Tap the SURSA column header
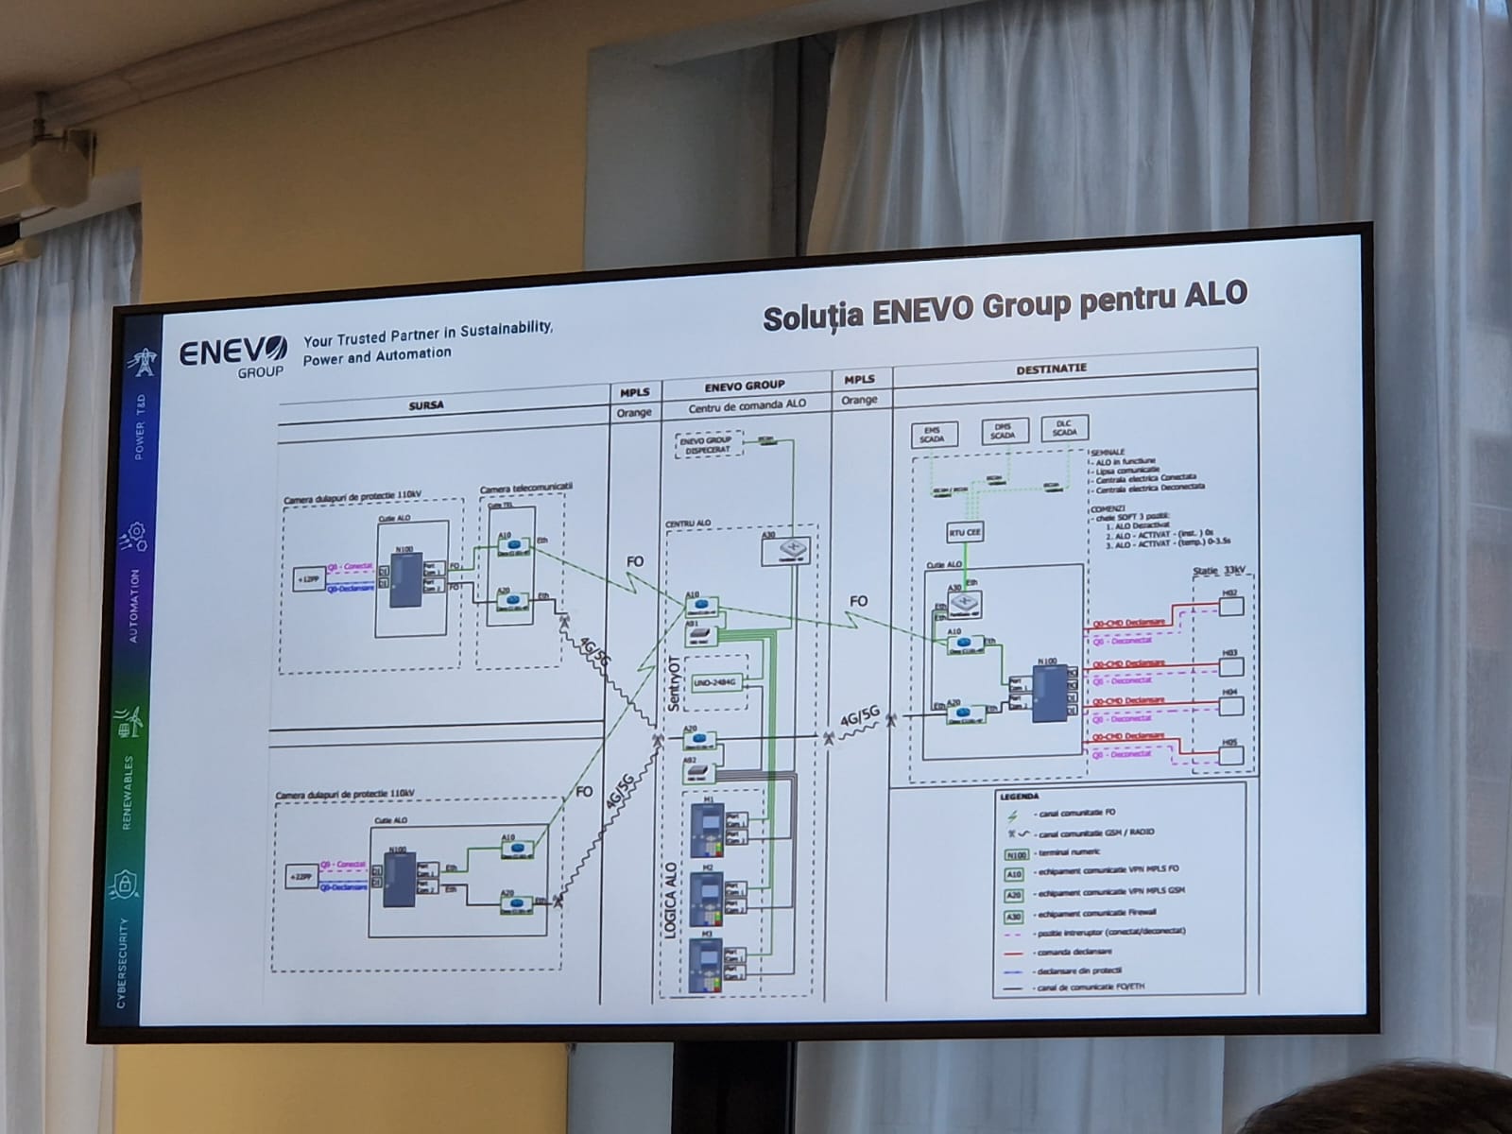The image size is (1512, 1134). pyautogui.click(x=426, y=404)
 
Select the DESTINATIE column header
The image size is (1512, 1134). pyautogui.click(x=1051, y=369)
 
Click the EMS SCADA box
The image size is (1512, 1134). pyautogui.click(x=932, y=434)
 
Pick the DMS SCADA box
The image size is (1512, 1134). pyautogui.click(x=1003, y=431)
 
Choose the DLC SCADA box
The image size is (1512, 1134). pyautogui.click(x=1064, y=428)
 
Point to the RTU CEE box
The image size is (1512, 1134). pyautogui.click(x=965, y=533)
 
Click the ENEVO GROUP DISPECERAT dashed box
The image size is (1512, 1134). pyautogui.click(x=705, y=444)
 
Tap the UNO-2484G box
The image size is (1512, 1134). pyautogui.click(x=714, y=681)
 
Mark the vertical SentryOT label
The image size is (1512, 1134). pyautogui.click(x=674, y=682)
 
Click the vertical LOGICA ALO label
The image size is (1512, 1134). pyautogui.click(x=670, y=900)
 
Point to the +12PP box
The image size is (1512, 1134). pyautogui.click(x=308, y=579)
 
